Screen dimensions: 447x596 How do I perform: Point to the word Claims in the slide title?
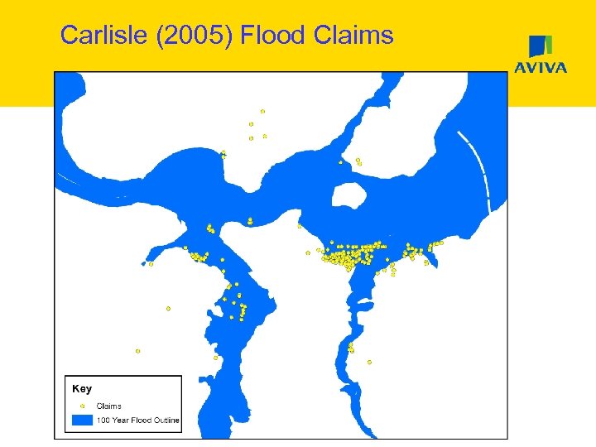click(x=354, y=35)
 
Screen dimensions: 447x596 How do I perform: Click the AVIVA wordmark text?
click(x=541, y=68)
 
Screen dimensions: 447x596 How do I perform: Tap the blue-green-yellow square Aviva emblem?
click(x=541, y=46)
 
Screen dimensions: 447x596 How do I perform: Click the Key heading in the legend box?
click(x=82, y=389)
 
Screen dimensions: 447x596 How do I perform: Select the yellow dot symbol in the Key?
click(x=82, y=406)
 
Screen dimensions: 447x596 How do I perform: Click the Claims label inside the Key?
click(x=109, y=406)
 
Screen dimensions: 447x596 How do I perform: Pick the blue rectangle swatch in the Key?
click(x=82, y=421)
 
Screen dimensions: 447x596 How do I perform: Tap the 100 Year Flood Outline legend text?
click(x=138, y=421)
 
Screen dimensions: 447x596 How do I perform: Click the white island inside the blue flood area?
click(x=348, y=195)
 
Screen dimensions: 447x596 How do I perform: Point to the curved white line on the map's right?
click(x=481, y=170)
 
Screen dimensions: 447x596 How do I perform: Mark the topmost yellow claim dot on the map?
click(x=262, y=111)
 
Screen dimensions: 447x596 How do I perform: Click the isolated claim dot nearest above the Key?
click(x=137, y=351)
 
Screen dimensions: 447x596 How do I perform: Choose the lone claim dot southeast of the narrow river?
click(x=369, y=362)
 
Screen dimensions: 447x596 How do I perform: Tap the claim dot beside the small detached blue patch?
click(x=151, y=264)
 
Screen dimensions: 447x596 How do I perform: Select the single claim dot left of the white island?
click(x=300, y=225)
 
